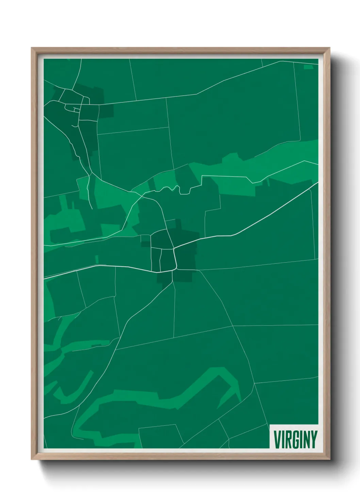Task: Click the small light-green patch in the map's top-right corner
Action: pyautogui.click(x=308, y=67)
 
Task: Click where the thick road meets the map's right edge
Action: pyautogui.click(x=317, y=183)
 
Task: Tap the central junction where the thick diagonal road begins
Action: pyautogui.click(x=174, y=250)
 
